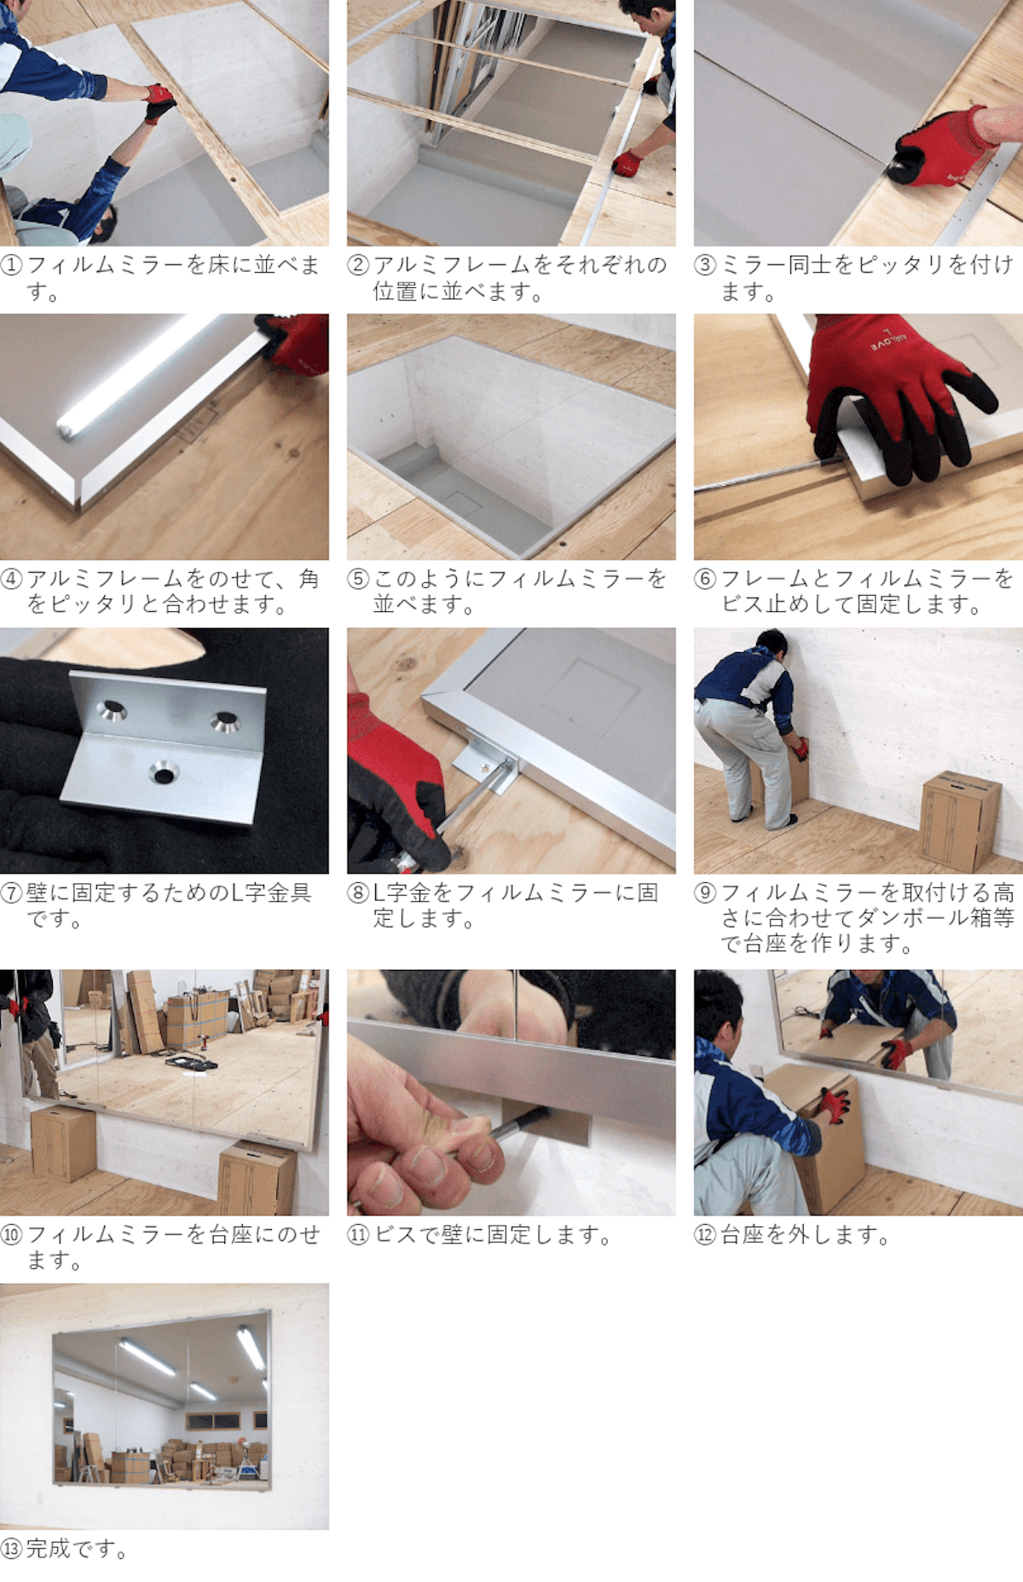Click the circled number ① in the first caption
click(12, 265)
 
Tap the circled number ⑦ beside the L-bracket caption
click(12, 893)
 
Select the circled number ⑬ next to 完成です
click(12, 1549)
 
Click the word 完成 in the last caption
click(49, 1549)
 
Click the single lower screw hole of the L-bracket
click(162, 774)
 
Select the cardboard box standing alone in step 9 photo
click(961, 820)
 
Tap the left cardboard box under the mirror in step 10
click(63, 1143)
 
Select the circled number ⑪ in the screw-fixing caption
click(358, 1235)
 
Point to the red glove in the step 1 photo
click(159, 101)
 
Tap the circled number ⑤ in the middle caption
click(358, 580)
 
